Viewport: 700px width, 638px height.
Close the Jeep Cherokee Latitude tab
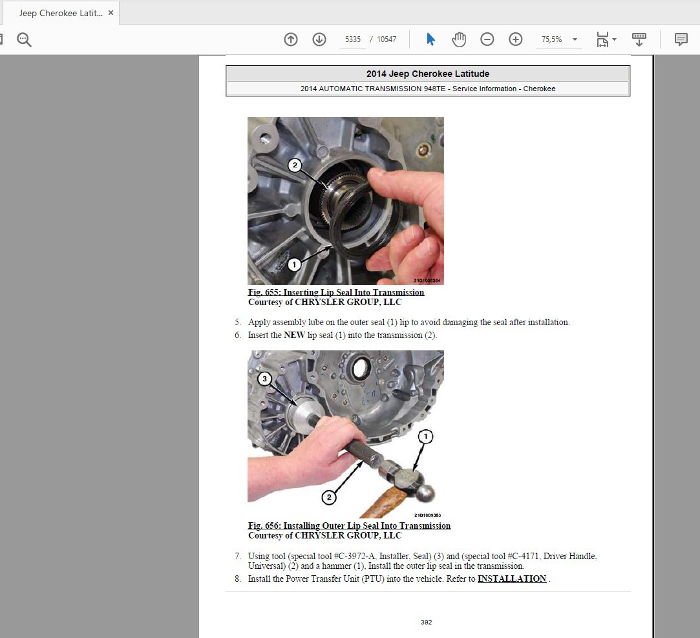[x=111, y=13]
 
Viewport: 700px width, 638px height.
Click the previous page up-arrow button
[x=291, y=39]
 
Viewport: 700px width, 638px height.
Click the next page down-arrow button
[x=319, y=39]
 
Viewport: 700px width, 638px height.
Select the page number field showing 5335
[x=353, y=39]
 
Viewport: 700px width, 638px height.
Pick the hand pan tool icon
[x=458, y=39]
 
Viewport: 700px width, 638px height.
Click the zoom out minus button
[x=487, y=39]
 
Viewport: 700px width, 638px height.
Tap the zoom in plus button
[x=516, y=39]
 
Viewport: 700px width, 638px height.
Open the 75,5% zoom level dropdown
[x=575, y=39]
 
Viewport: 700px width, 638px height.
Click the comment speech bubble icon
[x=681, y=39]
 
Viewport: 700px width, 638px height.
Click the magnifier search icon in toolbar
[x=24, y=39]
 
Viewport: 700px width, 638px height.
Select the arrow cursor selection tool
[x=430, y=39]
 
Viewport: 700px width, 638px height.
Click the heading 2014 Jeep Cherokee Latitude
[x=428, y=74]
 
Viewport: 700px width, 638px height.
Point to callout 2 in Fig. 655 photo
[x=295, y=165]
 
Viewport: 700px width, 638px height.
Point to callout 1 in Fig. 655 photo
[x=294, y=264]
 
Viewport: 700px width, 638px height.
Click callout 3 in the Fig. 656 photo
[x=265, y=379]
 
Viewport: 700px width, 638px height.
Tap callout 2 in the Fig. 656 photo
[x=329, y=497]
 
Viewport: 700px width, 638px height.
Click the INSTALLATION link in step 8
[x=512, y=579]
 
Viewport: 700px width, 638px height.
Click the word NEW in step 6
[x=294, y=335]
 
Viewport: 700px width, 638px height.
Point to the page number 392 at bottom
[x=427, y=622]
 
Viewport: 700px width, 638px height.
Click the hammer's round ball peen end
[x=425, y=493]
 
